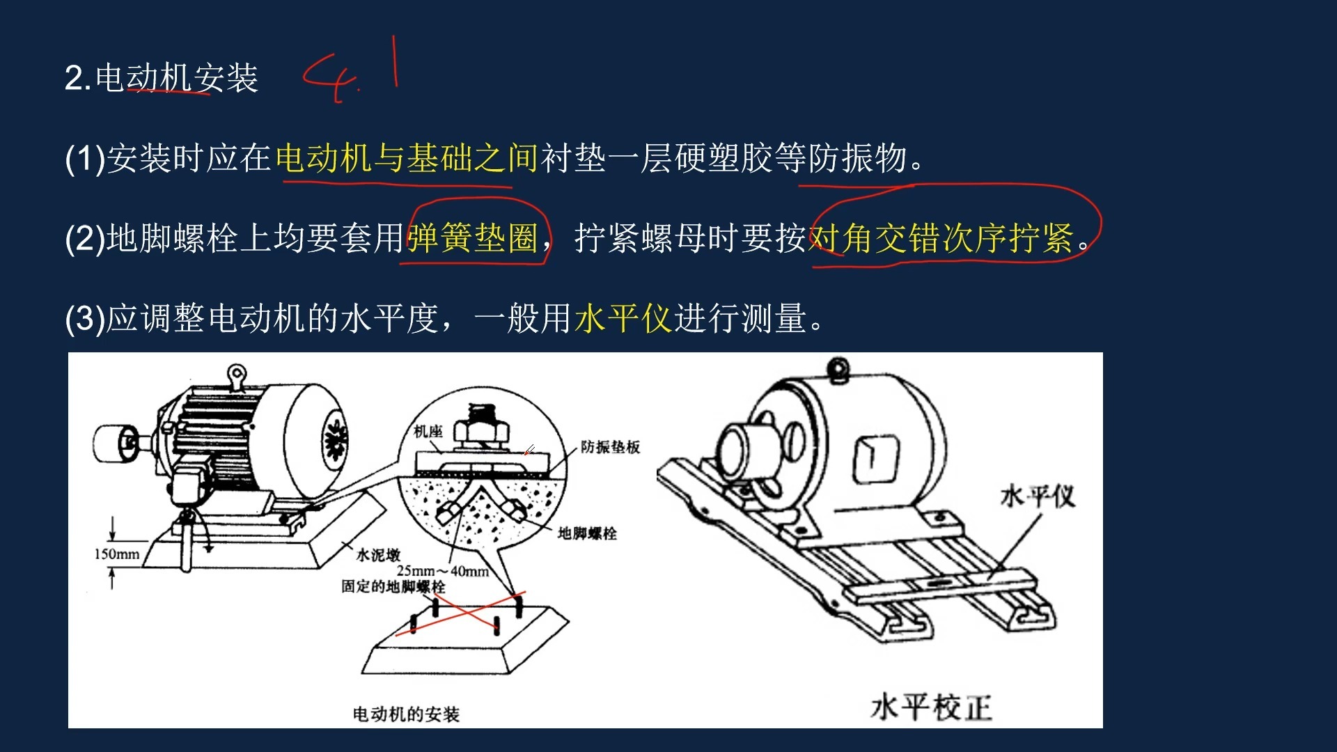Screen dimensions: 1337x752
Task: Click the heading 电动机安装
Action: [x=177, y=78]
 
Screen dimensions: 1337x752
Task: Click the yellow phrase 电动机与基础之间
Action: [x=407, y=158]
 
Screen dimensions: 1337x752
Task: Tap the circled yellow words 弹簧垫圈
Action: [x=473, y=238]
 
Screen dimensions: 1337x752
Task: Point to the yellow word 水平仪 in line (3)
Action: [x=623, y=318]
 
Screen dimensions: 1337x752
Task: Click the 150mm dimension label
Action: [x=117, y=554]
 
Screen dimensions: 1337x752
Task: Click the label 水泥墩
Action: [x=378, y=555]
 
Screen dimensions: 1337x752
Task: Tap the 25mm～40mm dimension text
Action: [x=443, y=571]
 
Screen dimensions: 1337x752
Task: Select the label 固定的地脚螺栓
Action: [x=393, y=586]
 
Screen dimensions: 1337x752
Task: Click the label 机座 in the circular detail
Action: [x=428, y=432]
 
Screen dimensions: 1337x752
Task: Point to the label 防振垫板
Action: [x=610, y=447]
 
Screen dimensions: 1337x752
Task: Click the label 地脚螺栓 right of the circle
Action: [x=587, y=533]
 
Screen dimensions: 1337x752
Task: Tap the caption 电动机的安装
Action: [x=406, y=714]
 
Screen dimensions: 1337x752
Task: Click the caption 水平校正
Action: [x=931, y=707]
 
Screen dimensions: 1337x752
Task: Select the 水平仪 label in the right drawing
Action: [x=1038, y=497]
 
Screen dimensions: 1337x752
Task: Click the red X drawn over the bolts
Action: [x=460, y=613]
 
